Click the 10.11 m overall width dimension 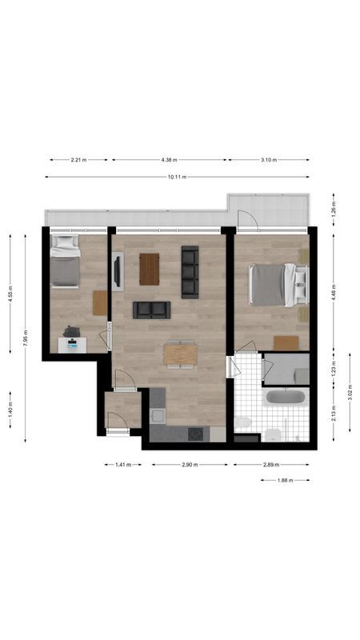(x=177, y=177)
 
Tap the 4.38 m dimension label (x=169, y=160)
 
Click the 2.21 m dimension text (x=78, y=160)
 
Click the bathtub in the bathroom (x=285, y=398)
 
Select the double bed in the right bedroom (x=277, y=285)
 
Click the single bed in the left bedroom (x=65, y=262)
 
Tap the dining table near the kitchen (x=180, y=354)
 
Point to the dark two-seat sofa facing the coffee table (x=151, y=310)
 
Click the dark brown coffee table (x=150, y=269)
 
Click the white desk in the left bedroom (x=73, y=344)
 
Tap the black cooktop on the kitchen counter (x=195, y=434)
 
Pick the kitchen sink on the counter (x=157, y=416)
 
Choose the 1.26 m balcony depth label (x=334, y=210)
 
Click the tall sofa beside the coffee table (x=190, y=271)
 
